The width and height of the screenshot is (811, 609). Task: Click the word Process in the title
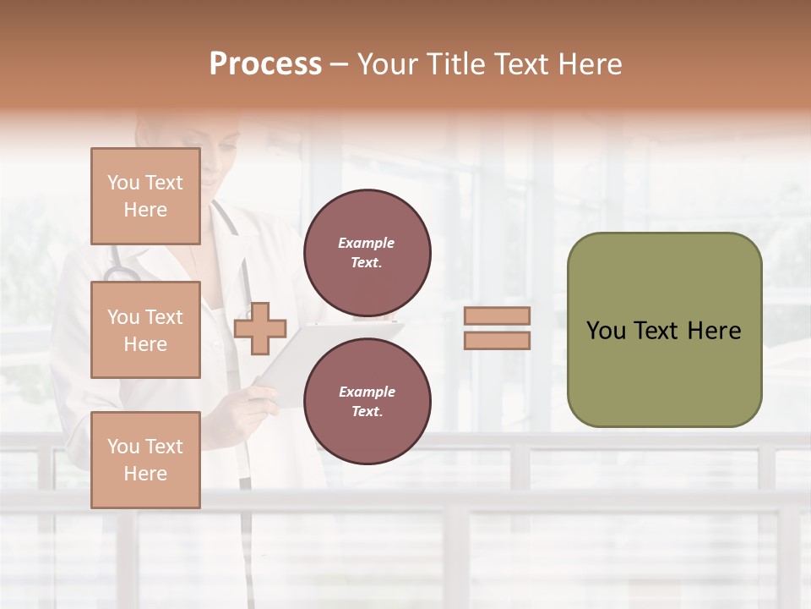(265, 64)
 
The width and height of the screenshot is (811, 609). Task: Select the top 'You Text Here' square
(145, 196)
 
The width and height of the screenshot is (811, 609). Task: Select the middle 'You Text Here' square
(145, 330)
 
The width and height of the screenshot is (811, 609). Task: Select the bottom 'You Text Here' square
(145, 459)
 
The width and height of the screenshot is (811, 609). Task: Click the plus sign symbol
(260, 328)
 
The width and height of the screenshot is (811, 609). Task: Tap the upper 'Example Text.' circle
(367, 252)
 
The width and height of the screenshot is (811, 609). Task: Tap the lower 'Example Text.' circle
(367, 401)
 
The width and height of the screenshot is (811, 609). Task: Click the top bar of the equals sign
(497, 315)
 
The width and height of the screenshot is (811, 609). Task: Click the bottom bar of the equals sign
(497, 340)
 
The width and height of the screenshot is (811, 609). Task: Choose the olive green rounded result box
(664, 330)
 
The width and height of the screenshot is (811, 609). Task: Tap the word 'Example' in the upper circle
(367, 243)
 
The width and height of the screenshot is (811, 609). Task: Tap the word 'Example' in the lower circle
(367, 392)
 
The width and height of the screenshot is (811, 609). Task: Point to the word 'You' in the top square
(122, 183)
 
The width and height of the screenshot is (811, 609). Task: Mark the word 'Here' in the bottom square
(145, 474)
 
